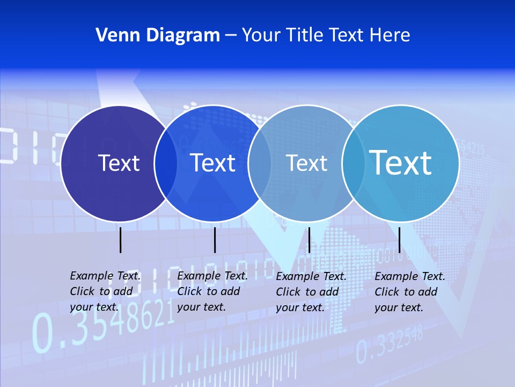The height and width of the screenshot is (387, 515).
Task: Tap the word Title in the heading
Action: (305, 35)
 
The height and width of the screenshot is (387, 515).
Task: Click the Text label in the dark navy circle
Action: (119, 163)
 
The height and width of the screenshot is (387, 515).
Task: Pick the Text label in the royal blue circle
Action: (212, 163)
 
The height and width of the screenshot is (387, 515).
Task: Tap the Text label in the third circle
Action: (306, 163)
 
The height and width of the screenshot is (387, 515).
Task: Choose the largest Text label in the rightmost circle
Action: (400, 163)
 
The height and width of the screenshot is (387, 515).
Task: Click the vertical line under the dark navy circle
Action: (120, 240)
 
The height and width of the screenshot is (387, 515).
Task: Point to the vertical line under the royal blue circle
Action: (215, 240)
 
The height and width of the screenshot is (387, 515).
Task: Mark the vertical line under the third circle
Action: (309, 240)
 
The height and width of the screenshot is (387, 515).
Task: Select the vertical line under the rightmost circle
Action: (399, 240)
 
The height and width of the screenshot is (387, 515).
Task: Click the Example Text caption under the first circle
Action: (105, 291)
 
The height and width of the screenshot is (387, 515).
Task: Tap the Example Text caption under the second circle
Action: (212, 291)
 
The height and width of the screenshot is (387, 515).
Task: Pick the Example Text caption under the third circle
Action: (311, 292)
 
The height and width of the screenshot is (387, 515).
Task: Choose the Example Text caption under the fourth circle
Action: (410, 292)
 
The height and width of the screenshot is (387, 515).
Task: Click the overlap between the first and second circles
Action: (166, 163)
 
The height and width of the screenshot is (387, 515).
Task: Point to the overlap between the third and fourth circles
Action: (354, 163)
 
